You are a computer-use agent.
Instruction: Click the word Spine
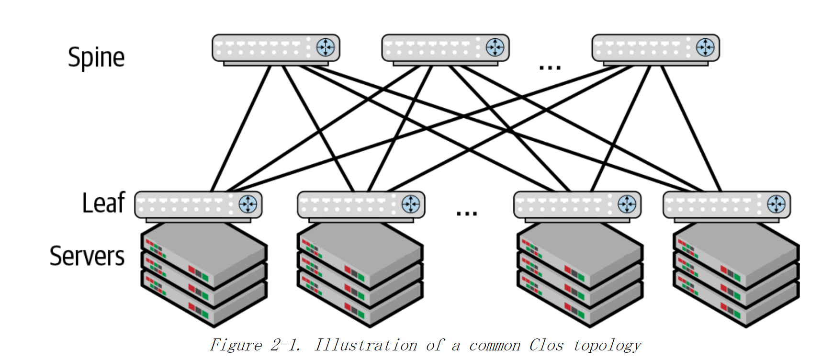click(x=96, y=58)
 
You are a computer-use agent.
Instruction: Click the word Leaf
click(x=103, y=203)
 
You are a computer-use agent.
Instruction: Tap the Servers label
click(x=87, y=256)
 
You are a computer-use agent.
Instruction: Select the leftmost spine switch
click(x=276, y=48)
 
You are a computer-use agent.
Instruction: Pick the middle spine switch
click(x=445, y=48)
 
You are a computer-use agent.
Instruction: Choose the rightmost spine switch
click(x=655, y=48)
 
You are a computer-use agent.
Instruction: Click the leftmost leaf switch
click(x=198, y=205)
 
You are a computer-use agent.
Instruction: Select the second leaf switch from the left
click(x=361, y=205)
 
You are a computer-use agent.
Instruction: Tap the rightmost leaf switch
click(x=726, y=205)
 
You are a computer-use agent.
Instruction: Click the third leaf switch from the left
click(x=577, y=205)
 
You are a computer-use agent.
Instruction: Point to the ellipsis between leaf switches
click(x=466, y=213)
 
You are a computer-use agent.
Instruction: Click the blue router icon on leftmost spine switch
click(x=326, y=47)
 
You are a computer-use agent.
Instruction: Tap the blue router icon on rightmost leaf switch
click(x=776, y=204)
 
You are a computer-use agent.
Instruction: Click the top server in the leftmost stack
click(x=203, y=249)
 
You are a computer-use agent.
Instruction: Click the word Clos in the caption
click(x=546, y=345)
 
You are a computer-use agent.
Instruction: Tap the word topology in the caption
click(x=607, y=345)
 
